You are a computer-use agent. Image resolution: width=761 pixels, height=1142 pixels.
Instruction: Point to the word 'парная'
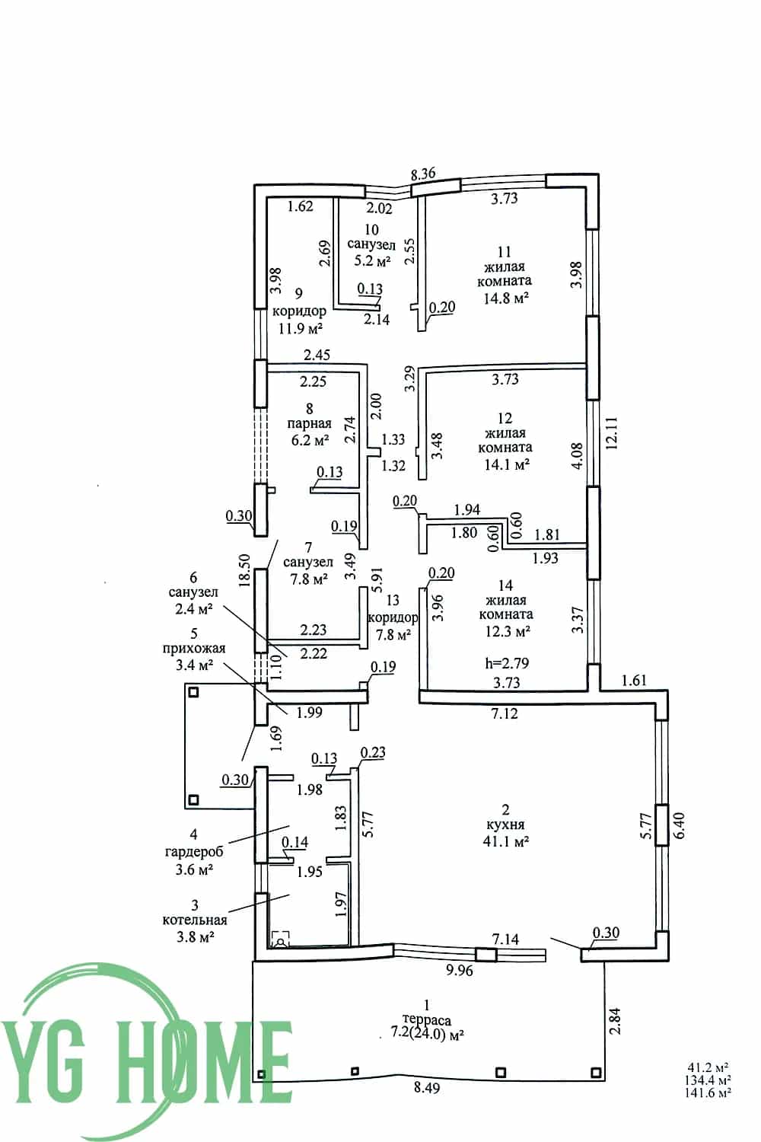tap(310, 423)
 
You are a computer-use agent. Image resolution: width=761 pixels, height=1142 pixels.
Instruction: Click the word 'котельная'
tap(195, 920)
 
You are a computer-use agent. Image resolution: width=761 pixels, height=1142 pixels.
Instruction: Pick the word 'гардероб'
tap(194, 851)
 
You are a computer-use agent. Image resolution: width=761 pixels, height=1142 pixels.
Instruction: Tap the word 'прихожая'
tap(194, 649)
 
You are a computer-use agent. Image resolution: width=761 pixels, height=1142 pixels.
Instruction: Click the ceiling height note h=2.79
tap(507, 663)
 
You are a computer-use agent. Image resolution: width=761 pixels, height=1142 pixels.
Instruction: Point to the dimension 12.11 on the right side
tap(611, 433)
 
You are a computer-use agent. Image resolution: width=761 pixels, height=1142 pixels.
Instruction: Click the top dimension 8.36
tap(423, 174)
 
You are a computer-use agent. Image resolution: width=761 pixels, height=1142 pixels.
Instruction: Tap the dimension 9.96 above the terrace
tap(459, 970)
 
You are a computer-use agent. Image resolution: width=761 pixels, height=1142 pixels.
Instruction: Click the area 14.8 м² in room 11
tap(505, 297)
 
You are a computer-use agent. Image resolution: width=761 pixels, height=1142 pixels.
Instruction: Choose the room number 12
tap(505, 418)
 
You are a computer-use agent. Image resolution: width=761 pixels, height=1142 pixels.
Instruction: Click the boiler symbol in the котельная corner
tap(280, 939)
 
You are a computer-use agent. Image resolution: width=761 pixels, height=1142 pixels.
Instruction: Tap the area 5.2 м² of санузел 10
tap(372, 260)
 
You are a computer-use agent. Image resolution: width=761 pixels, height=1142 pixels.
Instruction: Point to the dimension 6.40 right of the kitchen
tap(680, 825)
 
